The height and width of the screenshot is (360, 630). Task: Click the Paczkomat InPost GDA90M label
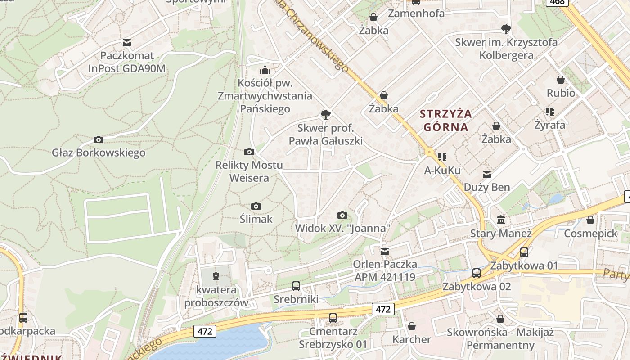pyautogui.click(x=127, y=62)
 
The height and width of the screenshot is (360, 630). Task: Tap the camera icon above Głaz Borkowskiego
pyautogui.click(x=98, y=140)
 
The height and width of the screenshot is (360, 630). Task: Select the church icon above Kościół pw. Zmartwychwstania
pyautogui.click(x=265, y=70)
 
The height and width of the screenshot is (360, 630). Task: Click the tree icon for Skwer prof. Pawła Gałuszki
pyautogui.click(x=325, y=115)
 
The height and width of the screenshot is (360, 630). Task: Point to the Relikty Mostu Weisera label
pyautogui.click(x=249, y=171)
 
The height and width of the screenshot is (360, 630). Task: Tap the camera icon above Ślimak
pyautogui.click(x=256, y=207)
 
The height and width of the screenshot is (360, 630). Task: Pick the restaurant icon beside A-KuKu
pyautogui.click(x=442, y=157)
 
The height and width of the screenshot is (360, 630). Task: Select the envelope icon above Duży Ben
pyautogui.click(x=487, y=174)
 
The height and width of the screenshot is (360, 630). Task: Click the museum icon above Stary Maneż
pyautogui.click(x=500, y=220)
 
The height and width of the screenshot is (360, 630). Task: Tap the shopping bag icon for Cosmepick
pyautogui.click(x=590, y=220)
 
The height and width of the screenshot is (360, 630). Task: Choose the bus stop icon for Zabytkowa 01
pyautogui.click(x=524, y=252)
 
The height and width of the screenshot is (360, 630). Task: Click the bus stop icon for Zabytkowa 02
pyautogui.click(x=477, y=273)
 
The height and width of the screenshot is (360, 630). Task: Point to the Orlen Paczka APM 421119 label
pyautogui.click(x=385, y=270)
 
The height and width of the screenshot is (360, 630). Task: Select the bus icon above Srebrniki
pyautogui.click(x=296, y=286)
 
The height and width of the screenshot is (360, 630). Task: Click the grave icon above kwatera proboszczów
pyautogui.click(x=216, y=276)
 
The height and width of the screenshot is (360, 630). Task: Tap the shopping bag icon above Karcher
pyautogui.click(x=411, y=326)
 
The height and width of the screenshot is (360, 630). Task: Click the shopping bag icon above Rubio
pyautogui.click(x=561, y=80)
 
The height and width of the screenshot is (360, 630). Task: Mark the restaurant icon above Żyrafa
pyautogui.click(x=549, y=111)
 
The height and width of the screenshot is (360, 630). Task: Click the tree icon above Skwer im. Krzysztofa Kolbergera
pyautogui.click(x=506, y=29)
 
